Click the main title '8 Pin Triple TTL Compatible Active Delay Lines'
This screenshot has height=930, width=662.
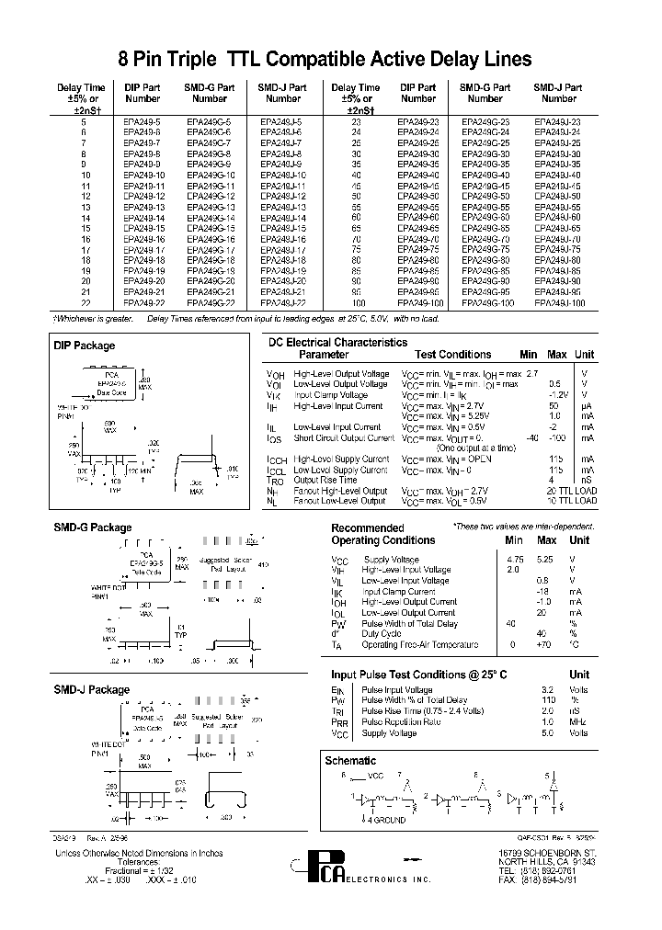tap(325, 60)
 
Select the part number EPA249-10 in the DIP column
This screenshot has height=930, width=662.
tap(143, 175)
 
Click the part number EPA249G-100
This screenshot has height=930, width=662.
tap(485, 301)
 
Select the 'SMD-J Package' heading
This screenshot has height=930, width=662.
tap(93, 689)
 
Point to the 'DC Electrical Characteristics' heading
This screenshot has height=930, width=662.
tap(337, 342)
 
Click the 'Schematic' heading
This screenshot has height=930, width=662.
tap(350, 760)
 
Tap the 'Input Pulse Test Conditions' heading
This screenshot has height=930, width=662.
tap(418, 675)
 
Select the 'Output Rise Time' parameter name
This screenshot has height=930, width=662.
tap(325, 480)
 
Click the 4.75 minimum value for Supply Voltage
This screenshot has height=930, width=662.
tap(515, 560)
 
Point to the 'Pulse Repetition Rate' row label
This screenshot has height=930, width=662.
tap(403, 722)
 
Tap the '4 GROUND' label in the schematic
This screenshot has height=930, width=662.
tap(389, 819)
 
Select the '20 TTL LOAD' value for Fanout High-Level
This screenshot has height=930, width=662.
tap(571, 491)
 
